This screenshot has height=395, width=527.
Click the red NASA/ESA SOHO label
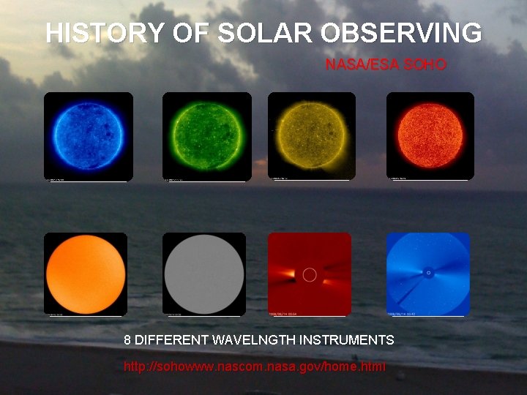(386, 65)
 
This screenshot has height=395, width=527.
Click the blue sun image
(88, 136)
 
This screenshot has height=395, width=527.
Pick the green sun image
(206, 136)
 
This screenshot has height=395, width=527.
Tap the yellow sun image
(312, 136)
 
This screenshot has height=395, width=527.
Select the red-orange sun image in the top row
(430, 135)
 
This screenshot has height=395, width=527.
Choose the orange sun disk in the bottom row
(86, 274)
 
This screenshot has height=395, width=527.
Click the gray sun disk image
(204, 274)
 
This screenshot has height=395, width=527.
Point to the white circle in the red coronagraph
(310, 275)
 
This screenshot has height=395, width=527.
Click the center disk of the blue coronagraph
(428, 274)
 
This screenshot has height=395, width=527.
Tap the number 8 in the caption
(128, 340)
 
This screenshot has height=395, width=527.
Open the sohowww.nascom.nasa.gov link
(255, 366)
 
